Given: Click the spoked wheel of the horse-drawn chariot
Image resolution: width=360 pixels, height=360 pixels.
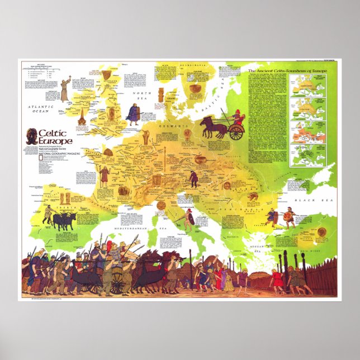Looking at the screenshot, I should [x=236, y=132].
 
